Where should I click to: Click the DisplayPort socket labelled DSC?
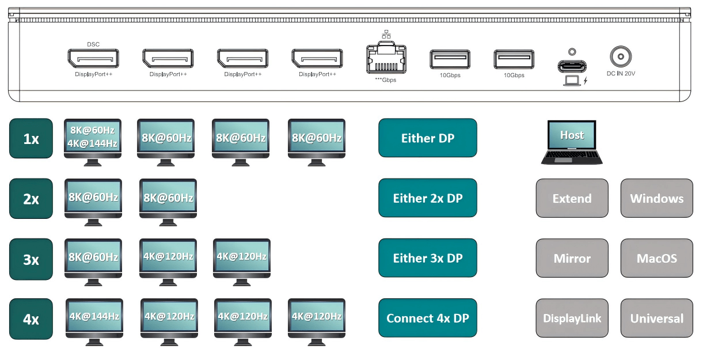[x=93, y=59]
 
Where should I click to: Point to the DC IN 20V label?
[x=621, y=74]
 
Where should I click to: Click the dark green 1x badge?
[x=31, y=138]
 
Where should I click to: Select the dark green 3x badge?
[x=31, y=259]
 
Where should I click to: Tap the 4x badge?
[x=31, y=318]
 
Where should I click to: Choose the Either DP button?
[x=428, y=138]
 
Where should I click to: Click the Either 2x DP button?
[x=428, y=198]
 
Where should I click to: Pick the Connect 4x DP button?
[x=428, y=318]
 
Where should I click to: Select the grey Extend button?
[x=572, y=198]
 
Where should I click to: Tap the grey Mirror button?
[x=572, y=259]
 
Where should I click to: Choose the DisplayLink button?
[x=572, y=318]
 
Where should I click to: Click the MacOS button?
[x=656, y=259]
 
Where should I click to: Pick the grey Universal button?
[x=656, y=318]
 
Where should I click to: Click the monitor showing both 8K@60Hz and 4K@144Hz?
[x=92, y=139]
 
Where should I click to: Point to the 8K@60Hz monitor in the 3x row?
[x=93, y=257]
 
